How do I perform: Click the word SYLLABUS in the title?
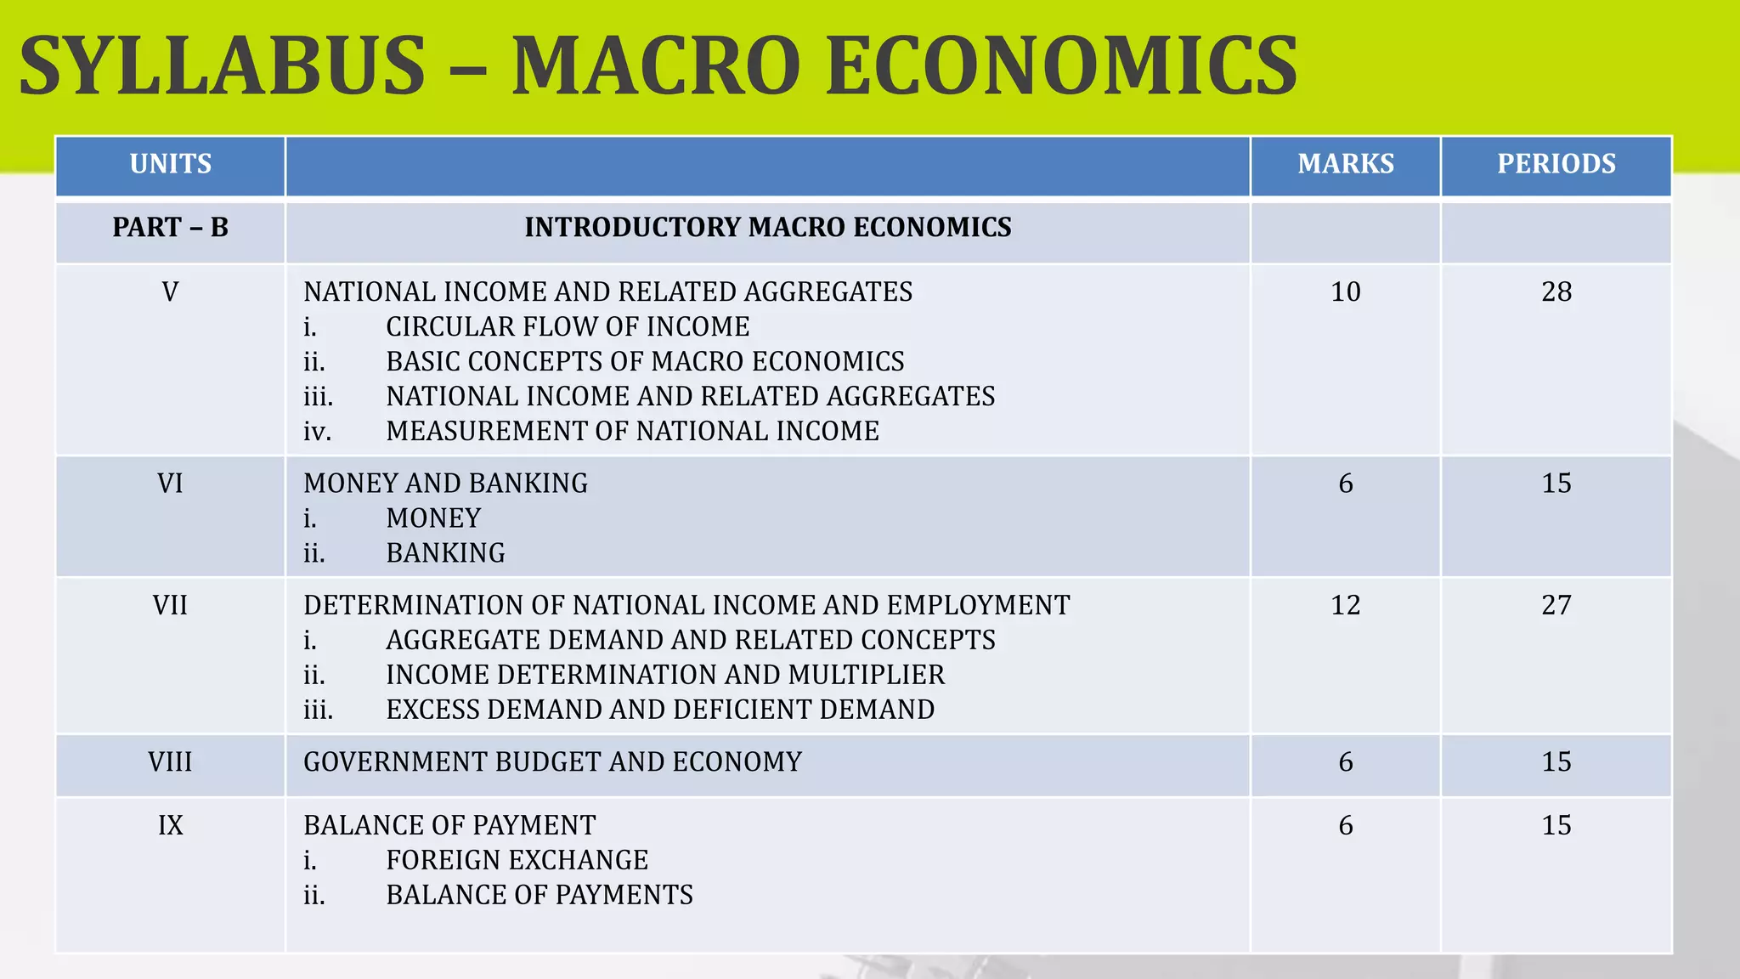(223, 66)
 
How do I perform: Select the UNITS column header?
(171, 164)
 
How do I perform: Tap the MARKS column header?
(1346, 164)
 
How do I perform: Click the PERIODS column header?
(1556, 164)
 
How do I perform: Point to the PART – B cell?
(171, 228)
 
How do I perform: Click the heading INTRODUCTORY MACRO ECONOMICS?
(768, 228)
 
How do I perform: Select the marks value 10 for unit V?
(1346, 292)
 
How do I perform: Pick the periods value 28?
(1556, 292)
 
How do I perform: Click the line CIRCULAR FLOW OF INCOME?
(568, 327)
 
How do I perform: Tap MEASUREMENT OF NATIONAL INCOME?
(632, 432)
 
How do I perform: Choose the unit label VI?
(171, 484)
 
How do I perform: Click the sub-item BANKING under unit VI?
(445, 553)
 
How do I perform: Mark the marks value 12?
(1346, 605)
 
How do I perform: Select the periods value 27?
(1556, 605)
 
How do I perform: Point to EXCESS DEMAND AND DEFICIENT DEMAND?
(660, 710)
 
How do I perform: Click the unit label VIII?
(171, 762)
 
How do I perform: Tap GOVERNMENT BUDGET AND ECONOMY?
(552, 762)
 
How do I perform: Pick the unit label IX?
(171, 825)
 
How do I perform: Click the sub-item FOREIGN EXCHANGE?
(517, 861)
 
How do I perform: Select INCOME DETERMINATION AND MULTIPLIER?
(665, 675)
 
